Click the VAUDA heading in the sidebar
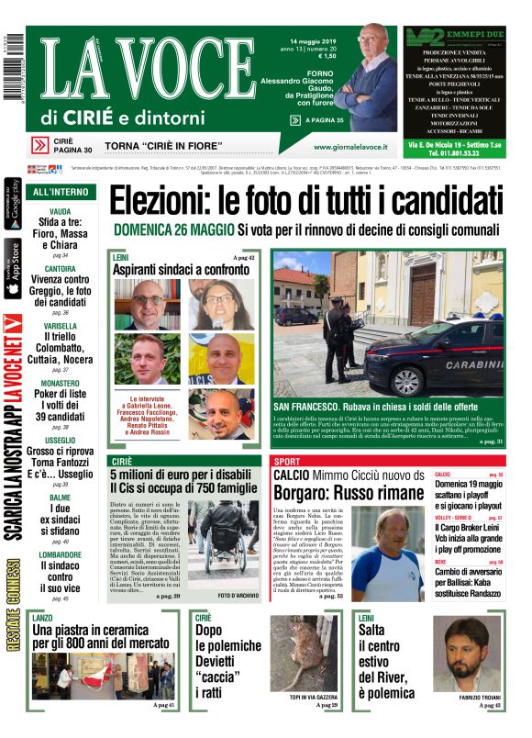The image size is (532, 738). click(61, 210)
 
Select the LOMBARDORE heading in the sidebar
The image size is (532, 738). click(61, 554)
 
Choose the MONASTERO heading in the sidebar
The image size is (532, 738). click(61, 383)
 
